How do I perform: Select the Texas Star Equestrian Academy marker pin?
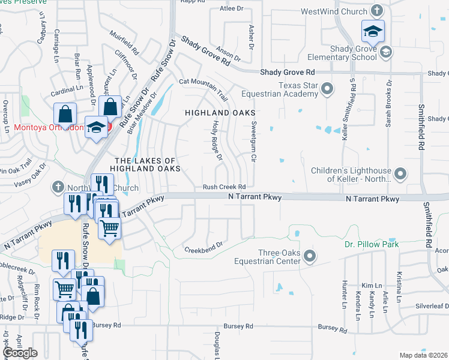327,89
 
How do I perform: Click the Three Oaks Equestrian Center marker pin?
310,257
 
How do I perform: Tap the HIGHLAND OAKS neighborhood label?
220,113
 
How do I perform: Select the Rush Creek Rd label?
224,187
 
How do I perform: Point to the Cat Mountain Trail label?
204,89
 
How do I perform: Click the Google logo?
20,352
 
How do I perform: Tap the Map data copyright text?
424,355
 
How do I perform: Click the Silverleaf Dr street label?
432,305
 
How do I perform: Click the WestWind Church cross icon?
376,11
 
